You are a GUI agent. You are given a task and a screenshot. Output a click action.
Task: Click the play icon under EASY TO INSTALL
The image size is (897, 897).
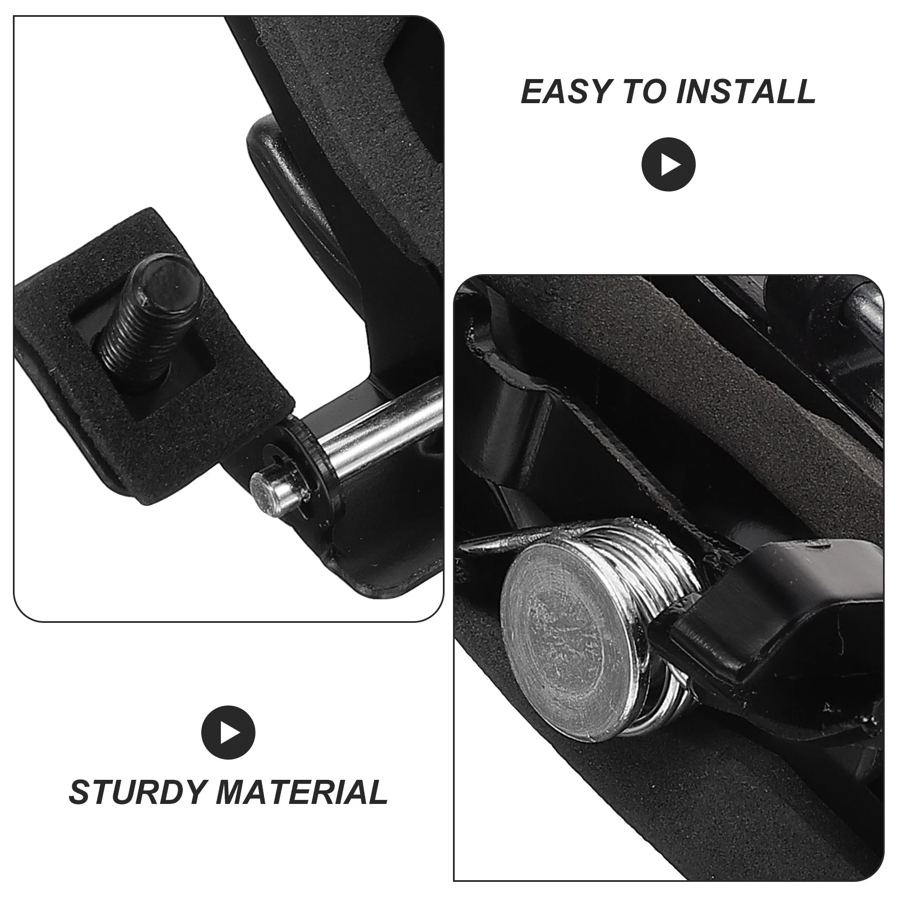coord(668,165)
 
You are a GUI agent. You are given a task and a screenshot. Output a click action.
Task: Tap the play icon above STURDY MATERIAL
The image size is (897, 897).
coord(228,732)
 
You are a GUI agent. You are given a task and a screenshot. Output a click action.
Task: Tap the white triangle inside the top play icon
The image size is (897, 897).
coord(671,165)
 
